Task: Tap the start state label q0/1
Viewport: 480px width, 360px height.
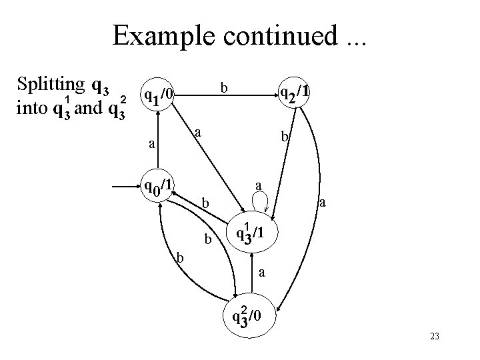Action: (160, 185)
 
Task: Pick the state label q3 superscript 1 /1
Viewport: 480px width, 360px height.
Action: (253, 233)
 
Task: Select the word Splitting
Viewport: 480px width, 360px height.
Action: (50, 86)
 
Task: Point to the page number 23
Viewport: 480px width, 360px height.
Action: (435, 337)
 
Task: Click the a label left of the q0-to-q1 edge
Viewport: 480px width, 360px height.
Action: (151, 143)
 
